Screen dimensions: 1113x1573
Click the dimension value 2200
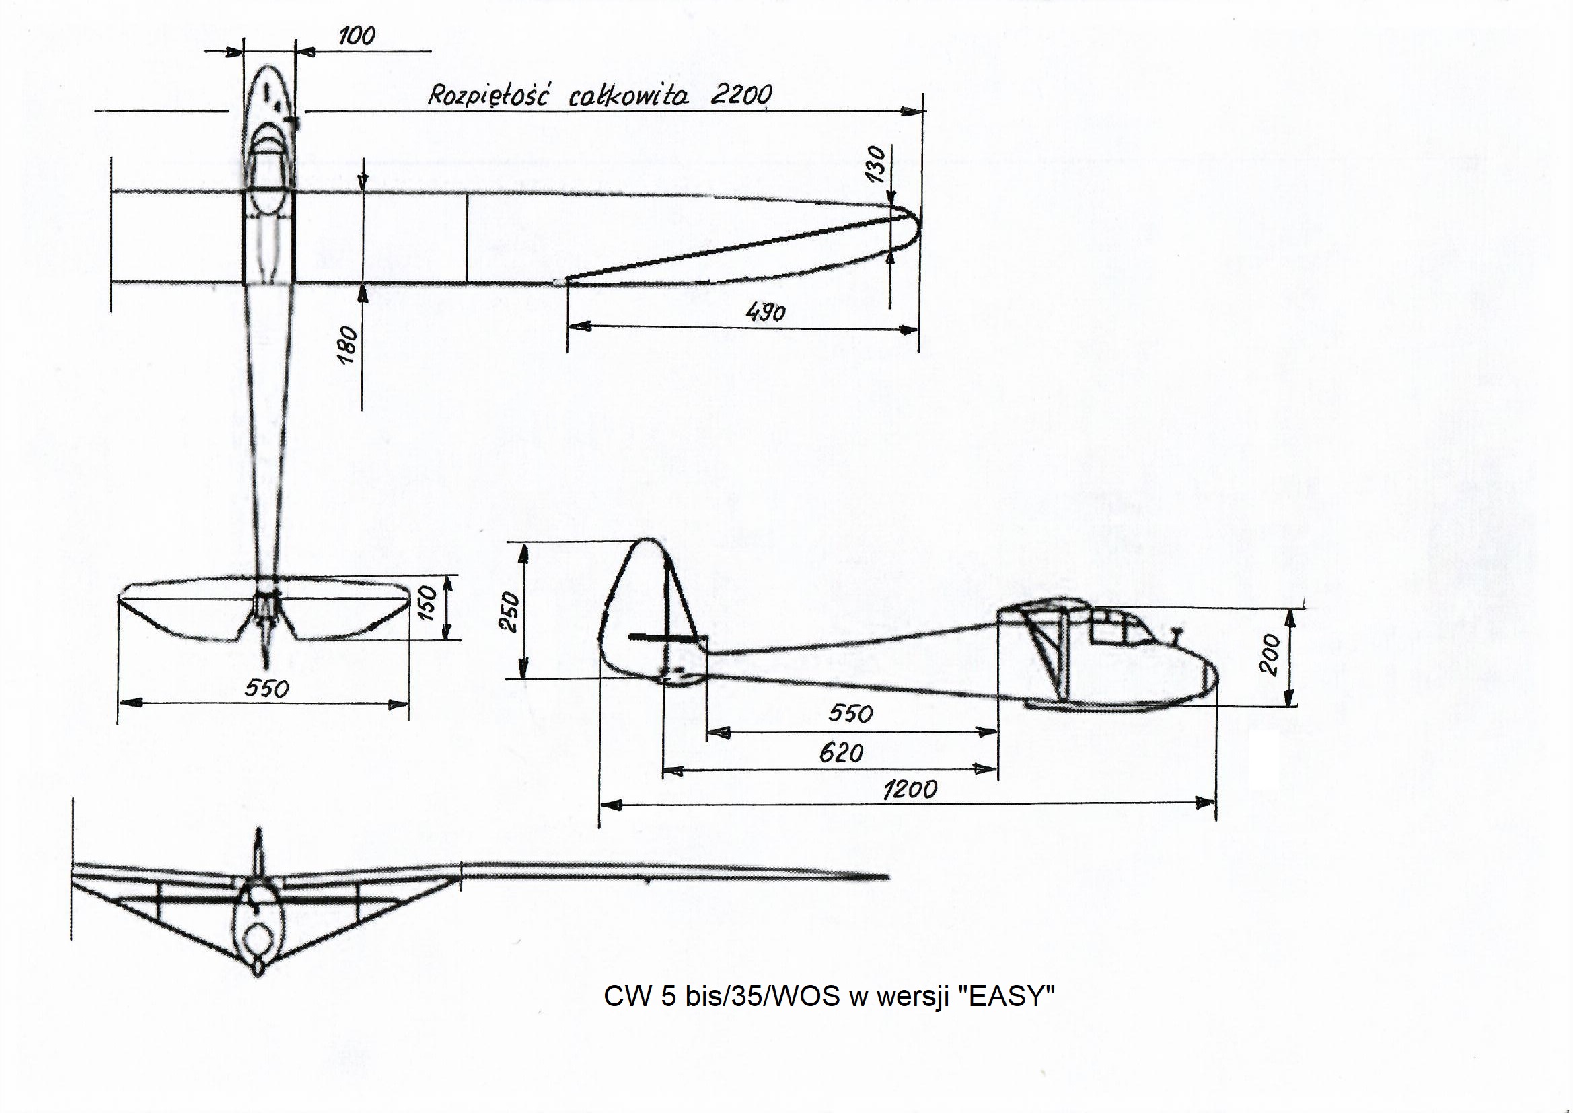click(x=741, y=95)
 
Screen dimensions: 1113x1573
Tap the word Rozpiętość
click(x=487, y=96)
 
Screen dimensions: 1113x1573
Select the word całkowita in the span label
click(x=628, y=96)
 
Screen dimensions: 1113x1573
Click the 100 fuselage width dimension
click(x=357, y=36)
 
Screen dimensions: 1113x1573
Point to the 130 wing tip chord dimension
click(x=876, y=164)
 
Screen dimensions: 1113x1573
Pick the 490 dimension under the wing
click(x=765, y=312)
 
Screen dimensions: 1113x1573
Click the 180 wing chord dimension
click(x=348, y=345)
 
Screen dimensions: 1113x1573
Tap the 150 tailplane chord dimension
click(x=427, y=602)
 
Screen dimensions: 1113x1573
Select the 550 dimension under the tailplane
click(x=267, y=688)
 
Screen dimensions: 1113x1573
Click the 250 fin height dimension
click(x=511, y=612)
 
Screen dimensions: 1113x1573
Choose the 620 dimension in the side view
click(x=840, y=754)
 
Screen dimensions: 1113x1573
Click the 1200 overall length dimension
click(x=910, y=790)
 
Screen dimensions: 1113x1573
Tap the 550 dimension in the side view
click(x=850, y=714)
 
